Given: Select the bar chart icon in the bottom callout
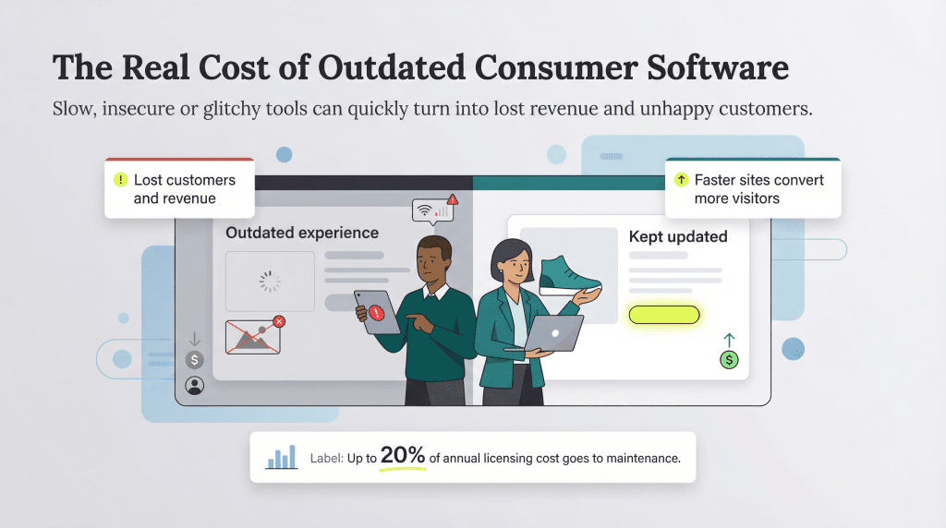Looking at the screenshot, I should [x=281, y=456].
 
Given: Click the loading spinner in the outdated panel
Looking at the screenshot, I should [x=269, y=282].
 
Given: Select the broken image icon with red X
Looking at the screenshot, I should [x=253, y=336].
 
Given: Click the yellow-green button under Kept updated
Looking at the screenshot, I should [x=663, y=315].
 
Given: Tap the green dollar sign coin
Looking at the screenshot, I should [x=730, y=360].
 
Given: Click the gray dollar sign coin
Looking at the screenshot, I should [x=194, y=360].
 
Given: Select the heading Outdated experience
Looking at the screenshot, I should [x=302, y=233].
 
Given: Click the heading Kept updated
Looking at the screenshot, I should [x=678, y=236].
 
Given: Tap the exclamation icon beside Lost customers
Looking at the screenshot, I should [x=119, y=180].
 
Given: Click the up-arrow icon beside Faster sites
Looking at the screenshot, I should [x=681, y=180].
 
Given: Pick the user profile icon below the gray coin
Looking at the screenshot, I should [x=194, y=385].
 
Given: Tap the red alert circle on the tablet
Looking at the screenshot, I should [x=376, y=313].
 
